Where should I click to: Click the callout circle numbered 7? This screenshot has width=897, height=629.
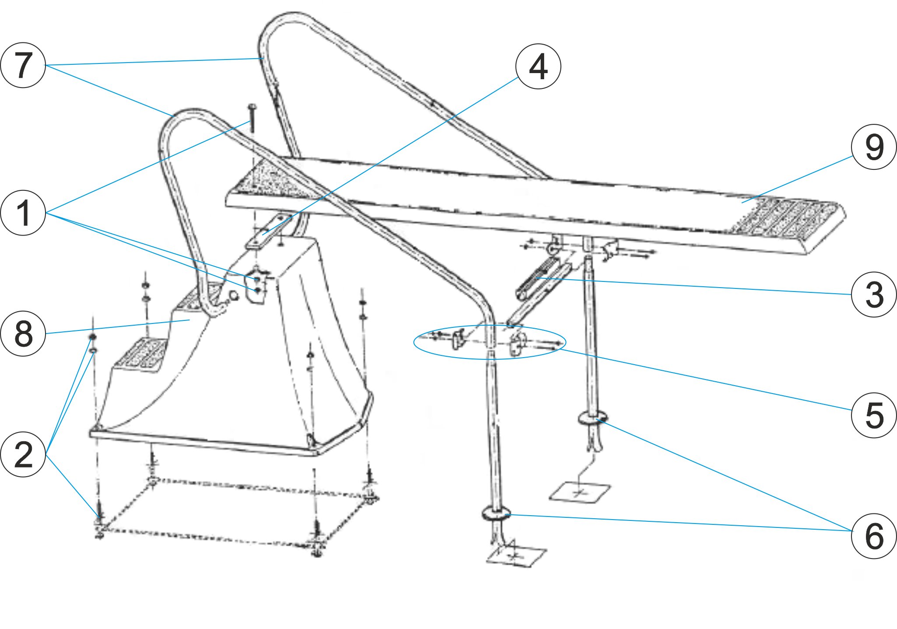click(23, 65)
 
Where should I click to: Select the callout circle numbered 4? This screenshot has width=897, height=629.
click(538, 67)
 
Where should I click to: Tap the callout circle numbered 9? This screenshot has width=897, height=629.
click(874, 147)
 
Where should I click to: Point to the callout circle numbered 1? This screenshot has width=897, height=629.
click(23, 213)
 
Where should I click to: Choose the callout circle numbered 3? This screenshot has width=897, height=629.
click(874, 295)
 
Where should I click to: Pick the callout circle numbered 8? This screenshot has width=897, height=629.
click(23, 334)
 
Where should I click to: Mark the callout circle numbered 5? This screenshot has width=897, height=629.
click(874, 415)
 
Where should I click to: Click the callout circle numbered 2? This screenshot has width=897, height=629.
click(23, 454)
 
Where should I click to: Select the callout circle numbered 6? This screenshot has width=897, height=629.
click(874, 536)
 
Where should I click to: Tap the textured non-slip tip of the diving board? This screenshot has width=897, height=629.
click(788, 219)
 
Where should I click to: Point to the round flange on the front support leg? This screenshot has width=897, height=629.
click(496, 513)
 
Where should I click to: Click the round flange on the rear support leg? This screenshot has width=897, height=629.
click(593, 418)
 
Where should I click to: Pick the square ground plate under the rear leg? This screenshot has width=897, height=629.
click(580, 492)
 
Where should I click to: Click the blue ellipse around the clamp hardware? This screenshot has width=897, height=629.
click(490, 342)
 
